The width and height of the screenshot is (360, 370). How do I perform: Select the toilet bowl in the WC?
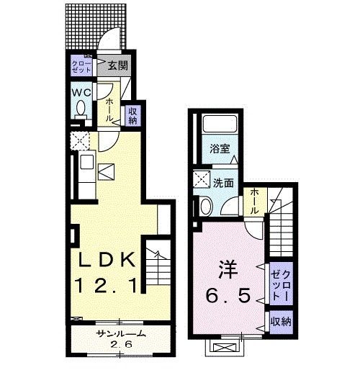point(81,110)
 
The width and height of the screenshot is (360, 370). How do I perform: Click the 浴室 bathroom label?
point(219,150)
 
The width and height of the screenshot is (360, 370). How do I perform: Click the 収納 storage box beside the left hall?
point(132,116)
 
